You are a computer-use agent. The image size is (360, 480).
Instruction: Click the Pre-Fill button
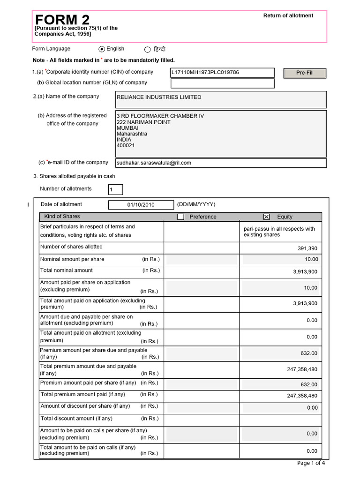tap(305, 73)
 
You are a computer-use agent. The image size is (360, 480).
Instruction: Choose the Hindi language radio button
tap(148, 50)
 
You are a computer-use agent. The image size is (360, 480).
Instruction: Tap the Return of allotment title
tap(288, 15)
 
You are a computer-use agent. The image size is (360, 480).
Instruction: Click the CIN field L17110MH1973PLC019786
tap(222, 73)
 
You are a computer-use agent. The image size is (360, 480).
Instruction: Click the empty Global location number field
tap(222, 83)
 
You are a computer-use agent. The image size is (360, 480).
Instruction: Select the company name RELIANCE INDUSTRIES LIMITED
tap(159, 97)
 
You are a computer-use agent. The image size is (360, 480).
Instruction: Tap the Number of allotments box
tap(115, 189)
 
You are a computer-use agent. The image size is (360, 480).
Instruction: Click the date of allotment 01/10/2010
tap(141, 205)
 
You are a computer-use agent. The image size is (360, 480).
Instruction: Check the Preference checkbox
tap(181, 217)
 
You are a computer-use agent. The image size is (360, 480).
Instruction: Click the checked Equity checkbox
tap(267, 217)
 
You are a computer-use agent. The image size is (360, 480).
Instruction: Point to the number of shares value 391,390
tap(307, 248)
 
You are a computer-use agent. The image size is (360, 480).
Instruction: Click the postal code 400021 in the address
tap(126, 146)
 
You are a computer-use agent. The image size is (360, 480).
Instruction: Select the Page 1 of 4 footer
tap(311, 463)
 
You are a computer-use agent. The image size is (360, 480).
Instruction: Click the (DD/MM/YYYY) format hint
tap(196, 204)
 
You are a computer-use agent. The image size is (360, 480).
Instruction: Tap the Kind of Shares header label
tap(62, 217)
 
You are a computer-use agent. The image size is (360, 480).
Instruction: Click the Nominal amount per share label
tap(72, 259)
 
